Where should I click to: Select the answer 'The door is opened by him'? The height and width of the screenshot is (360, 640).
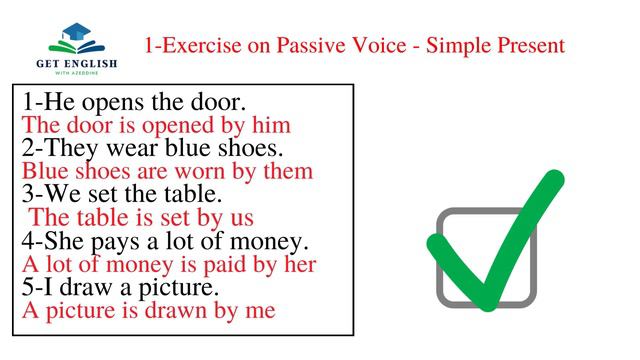[156, 126]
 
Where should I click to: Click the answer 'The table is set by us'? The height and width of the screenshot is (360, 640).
[141, 218]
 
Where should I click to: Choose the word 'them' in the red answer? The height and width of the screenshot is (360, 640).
[288, 172]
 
